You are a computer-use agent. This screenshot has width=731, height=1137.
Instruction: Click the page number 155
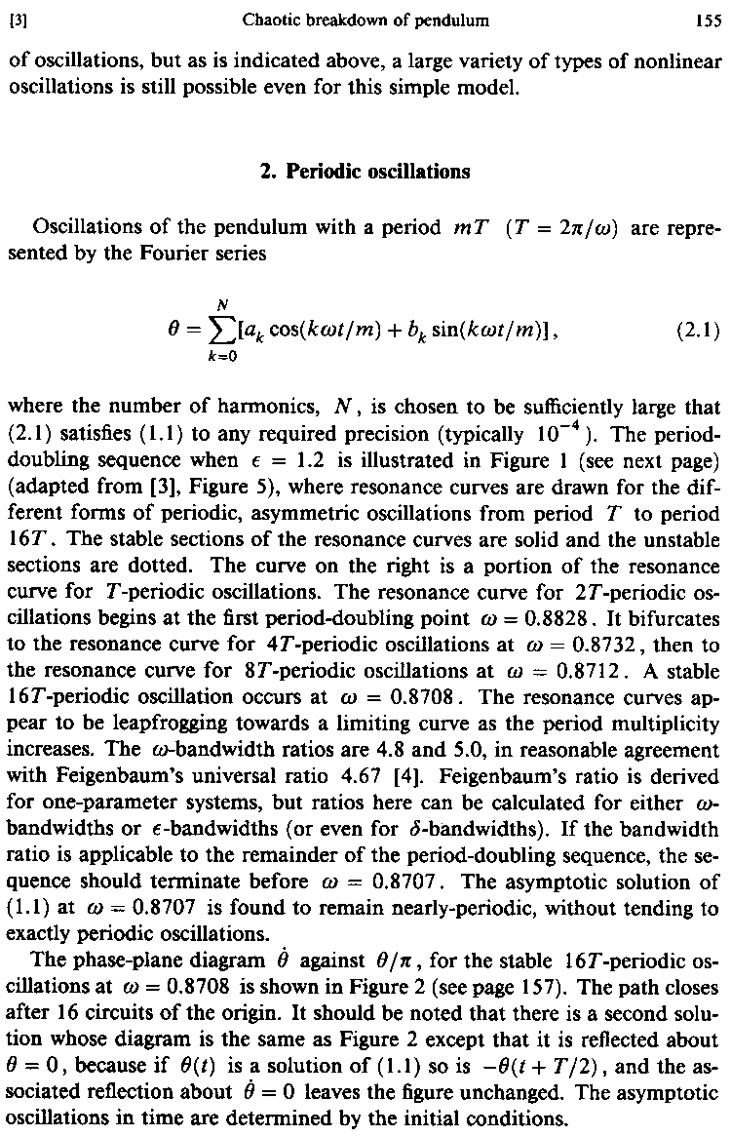coord(708,18)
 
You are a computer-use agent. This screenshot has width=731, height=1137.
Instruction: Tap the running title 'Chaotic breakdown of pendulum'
coord(365,18)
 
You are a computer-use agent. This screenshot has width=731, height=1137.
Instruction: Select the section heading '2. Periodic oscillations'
coord(365,172)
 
